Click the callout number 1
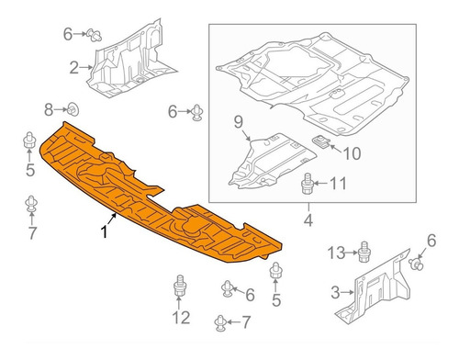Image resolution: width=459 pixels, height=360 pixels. [x=105, y=231]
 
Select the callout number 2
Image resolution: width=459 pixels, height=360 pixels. [x=73, y=68]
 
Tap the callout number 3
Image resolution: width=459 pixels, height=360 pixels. [x=335, y=292]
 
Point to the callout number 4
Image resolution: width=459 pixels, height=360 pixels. [x=308, y=220]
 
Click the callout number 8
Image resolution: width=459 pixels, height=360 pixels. [x=49, y=109]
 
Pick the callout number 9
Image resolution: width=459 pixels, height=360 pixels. [x=239, y=122]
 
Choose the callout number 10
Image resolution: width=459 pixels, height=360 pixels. [x=353, y=153]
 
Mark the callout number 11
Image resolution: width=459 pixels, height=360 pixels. [x=339, y=184]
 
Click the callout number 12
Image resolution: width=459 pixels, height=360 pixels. [x=182, y=317]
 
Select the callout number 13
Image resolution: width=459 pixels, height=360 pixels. [x=336, y=253]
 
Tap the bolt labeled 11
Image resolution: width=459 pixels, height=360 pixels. [x=307, y=184]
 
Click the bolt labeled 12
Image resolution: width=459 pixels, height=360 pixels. [x=180, y=286]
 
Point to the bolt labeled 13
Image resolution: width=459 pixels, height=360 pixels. [x=364, y=252]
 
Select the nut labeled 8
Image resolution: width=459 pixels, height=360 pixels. [x=73, y=109]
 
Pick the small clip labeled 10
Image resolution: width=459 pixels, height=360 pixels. [x=320, y=142]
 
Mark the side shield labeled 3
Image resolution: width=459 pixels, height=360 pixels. [x=376, y=291]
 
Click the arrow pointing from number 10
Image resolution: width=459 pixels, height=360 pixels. [x=336, y=149]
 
